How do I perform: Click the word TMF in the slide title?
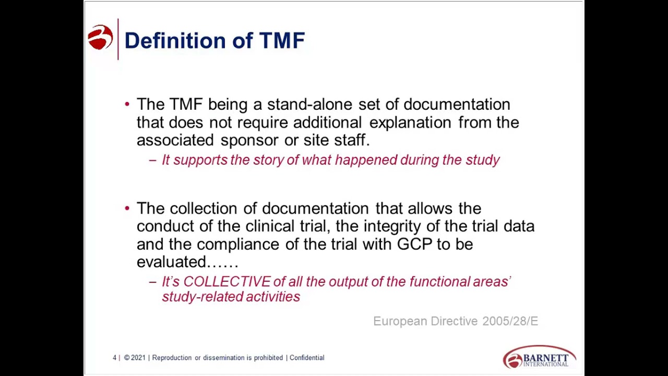[282, 41]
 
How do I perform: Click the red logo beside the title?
[100, 38]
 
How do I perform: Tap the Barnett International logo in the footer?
[539, 357]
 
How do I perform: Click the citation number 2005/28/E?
[510, 321]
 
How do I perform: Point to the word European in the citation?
[400, 321]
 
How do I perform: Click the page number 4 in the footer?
[114, 358]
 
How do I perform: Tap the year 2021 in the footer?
[138, 358]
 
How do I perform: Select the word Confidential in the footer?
[307, 358]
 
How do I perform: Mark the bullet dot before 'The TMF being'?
[127, 104]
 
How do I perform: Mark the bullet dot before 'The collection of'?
[127, 208]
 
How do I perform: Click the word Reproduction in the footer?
[172, 358]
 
